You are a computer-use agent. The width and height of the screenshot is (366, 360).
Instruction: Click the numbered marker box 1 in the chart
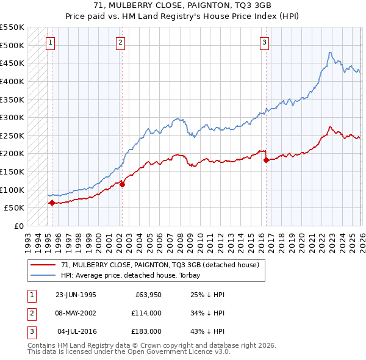[x=50, y=42]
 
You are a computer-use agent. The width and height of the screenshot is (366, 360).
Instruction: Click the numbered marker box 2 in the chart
[x=121, y=42]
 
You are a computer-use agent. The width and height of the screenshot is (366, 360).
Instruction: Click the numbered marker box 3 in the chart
[x=264, y=42]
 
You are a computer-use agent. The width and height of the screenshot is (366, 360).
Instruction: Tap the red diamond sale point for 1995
[x=52, y=203]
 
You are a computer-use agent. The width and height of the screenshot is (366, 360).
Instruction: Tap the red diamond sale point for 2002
[x=121, y=184]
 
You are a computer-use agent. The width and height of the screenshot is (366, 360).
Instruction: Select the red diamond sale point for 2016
[x=266, y=160]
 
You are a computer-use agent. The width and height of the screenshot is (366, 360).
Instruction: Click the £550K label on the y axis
[x=12, y=27]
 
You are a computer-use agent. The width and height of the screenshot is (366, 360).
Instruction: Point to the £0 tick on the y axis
[x=18, y=226]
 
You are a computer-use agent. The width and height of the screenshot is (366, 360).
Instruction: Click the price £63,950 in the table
[x=145, y=294]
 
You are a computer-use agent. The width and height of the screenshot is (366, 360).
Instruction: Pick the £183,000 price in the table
[x=145, y=331]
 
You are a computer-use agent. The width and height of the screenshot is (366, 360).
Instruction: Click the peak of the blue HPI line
[x=329, y=52]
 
